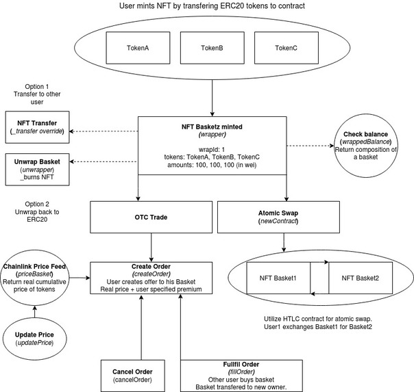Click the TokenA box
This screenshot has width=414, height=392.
click(138, 48)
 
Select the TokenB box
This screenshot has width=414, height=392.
click(212, 48)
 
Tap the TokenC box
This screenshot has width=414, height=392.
click(287, 48)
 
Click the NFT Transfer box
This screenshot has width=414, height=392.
click(37, 127)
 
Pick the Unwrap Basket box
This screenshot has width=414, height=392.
click(37, 170)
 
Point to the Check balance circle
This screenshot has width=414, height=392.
click(366, 146)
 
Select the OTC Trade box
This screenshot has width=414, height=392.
click(151, 217)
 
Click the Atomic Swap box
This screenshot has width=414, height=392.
click(278, 217)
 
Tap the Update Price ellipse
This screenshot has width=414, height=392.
click(34, 339)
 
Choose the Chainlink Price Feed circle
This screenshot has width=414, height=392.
click(34, 278)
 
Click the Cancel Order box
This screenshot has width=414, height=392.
click(133, 376)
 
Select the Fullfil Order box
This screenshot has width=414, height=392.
click(241, 376)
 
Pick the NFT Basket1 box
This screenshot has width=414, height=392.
click(278, 278)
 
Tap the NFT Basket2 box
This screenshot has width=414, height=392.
click(361, 278)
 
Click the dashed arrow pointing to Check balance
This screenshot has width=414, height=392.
click(310, 146)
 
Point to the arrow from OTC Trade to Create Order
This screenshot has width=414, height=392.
click(151, 248)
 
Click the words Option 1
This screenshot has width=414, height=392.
click(37, 87)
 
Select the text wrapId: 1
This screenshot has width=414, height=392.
click(212, 150)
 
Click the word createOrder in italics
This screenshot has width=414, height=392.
click(151, 274)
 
